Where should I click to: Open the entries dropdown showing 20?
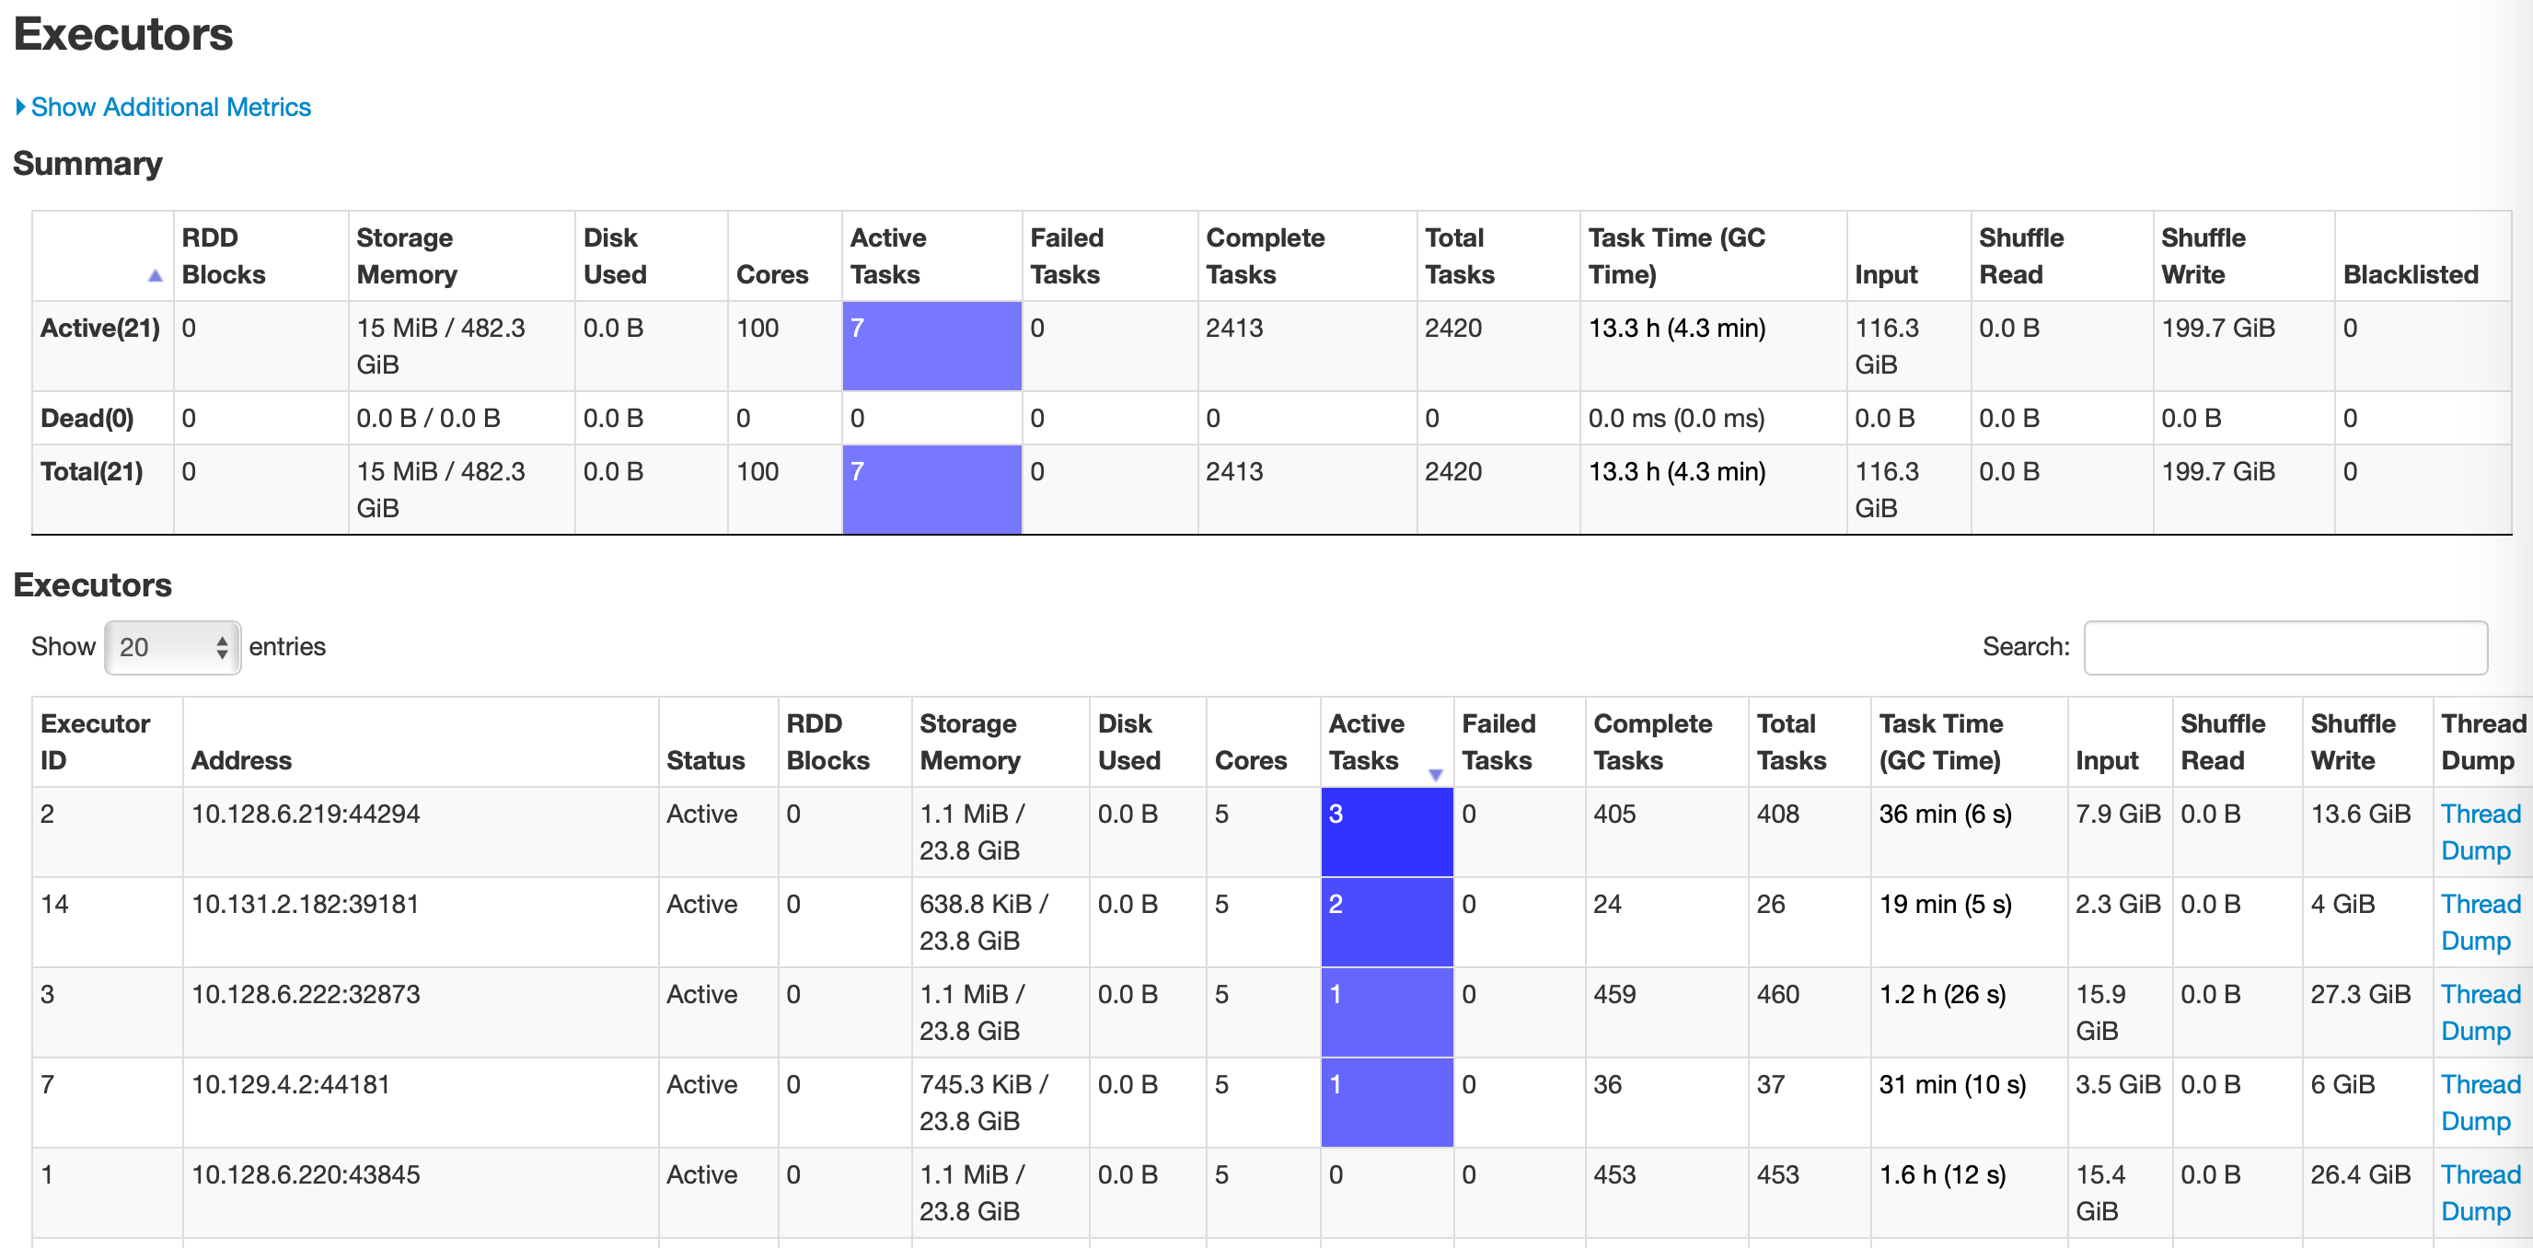coord(172,647)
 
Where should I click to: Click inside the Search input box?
coord(2284,647)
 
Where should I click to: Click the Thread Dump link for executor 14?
coord(2479,921)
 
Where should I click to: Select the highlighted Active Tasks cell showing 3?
coord(1385,831)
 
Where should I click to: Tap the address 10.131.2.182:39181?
coord(305,904)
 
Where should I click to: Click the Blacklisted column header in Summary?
coord(2409,274)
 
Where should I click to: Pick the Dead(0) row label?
coord(87,418)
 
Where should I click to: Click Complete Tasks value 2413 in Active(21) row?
coord(1234,328)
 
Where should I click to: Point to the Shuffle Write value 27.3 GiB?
coord(2359,994)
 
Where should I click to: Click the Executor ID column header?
coord(95,742)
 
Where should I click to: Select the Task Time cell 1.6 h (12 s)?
coord(1941,1174)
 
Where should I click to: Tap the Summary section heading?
coord(87,163)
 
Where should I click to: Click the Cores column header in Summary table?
coord(771,274)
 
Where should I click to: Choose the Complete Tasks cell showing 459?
coord(1613,994)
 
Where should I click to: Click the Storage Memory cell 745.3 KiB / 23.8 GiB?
coord(982,1102)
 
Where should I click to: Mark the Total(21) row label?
coord(91,471)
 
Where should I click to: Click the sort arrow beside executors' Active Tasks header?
coord(1435,775)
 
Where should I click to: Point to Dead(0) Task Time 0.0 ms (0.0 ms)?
coord(1675,418)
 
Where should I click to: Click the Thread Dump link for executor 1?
coord(2479,1192)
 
